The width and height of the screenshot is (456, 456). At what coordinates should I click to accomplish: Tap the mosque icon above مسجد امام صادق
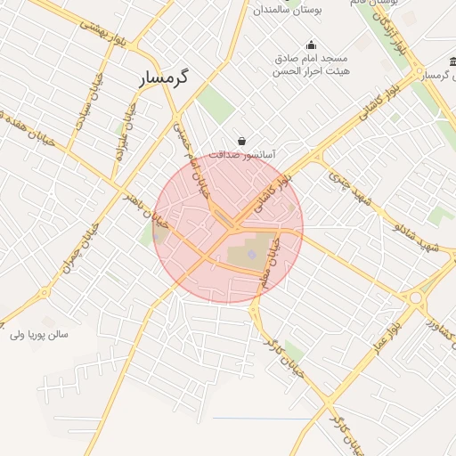coord(311,45)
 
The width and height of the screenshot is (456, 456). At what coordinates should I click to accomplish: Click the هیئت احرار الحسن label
coord(311,73)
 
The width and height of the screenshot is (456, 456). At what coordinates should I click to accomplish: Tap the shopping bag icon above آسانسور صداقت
coord(242,141)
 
